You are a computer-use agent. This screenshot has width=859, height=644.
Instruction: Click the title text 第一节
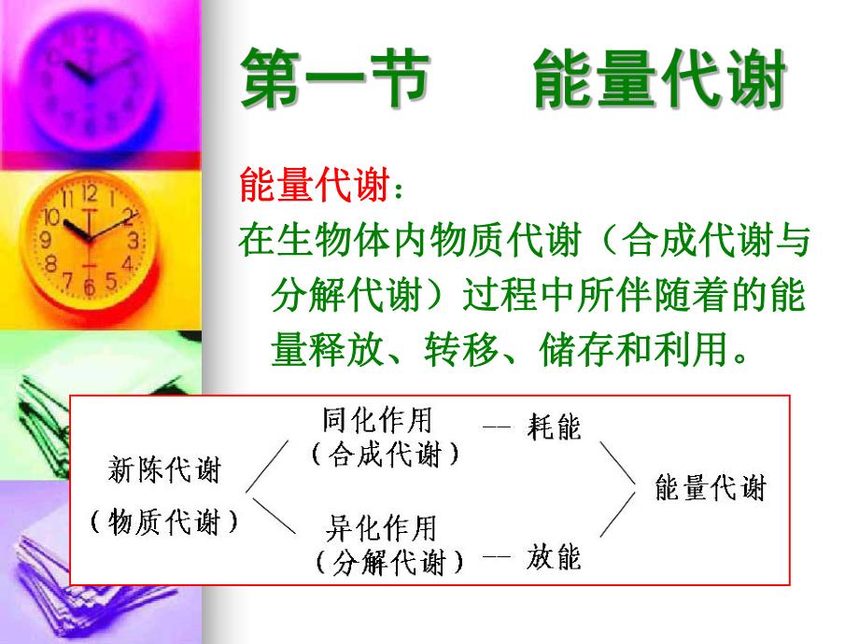click(x=335, y=80)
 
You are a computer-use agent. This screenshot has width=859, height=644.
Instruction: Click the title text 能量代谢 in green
click(x=658, y=80)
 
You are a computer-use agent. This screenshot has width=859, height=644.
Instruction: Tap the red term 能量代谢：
click(x=322, y=187)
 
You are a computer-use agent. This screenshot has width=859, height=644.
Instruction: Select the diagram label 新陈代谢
click(x=164, y=469)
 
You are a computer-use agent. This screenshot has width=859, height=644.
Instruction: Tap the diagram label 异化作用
click(x=381, y=528)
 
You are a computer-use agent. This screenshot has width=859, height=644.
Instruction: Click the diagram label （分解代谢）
click(x=389, y=563)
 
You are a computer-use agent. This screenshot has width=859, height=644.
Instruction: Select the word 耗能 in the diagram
click(x=554, y=427)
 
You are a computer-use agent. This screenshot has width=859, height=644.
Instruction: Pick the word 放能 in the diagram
click(x=554, y=557)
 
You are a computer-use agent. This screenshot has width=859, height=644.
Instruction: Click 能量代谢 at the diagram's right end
click(x=711, y=488)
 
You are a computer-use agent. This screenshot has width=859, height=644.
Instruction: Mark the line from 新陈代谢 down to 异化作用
click(x=270, y=515)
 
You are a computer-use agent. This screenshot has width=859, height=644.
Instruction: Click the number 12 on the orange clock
click(x=90, y=194)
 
